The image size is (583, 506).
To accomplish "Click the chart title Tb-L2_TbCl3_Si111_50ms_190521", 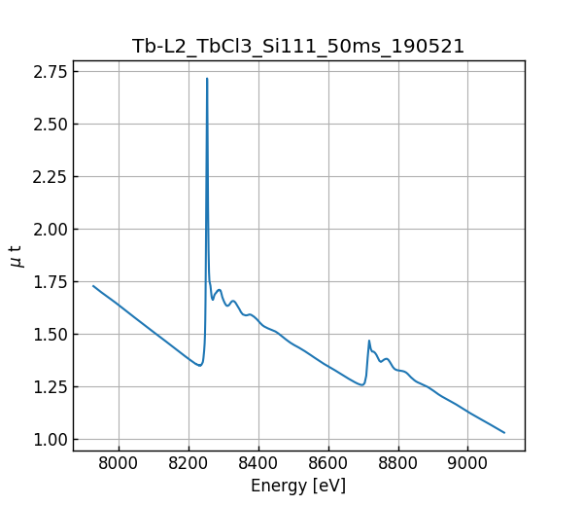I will coord(298,46).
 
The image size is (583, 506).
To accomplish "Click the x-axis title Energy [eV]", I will coord(298,486).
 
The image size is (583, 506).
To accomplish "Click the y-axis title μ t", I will coord(16,256).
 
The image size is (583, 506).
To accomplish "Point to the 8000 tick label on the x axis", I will coord(119,464).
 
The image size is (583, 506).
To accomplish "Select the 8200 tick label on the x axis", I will coord(189,464).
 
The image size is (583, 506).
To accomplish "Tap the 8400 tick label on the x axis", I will coord(258,464).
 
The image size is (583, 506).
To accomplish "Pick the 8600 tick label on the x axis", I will coord(328,464).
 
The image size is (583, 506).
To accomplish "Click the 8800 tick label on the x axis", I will coord(397,464).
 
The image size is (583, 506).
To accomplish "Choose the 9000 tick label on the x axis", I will coord(467,464).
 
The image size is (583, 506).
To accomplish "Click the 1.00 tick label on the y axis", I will coord(50,439).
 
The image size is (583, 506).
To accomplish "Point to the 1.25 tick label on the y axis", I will coord(50,386).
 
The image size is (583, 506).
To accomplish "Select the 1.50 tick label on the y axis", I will coord(50,334).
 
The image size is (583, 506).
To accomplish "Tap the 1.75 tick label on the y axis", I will coord(50,281).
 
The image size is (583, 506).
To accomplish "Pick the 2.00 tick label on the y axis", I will coord(50,229).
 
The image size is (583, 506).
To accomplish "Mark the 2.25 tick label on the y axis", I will coord(50,176).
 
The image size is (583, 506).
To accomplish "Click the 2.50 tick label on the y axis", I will coord(50,124).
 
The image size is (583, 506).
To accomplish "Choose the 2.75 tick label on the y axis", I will coord(50,71).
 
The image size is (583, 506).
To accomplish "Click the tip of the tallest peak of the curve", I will coord(207,79).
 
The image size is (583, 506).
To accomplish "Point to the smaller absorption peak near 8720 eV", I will coord(369,341).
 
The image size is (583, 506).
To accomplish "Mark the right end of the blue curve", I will coord(504,432).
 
